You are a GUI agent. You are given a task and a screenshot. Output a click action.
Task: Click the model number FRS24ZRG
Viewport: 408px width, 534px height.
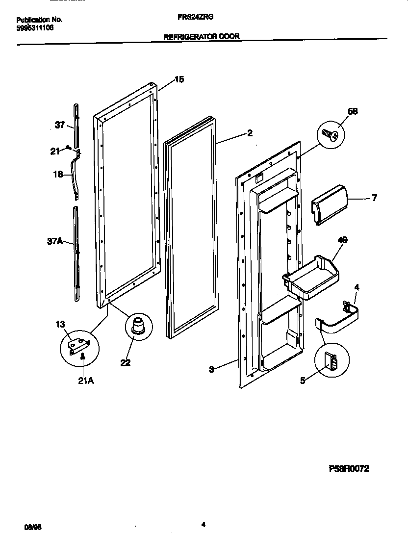tap(195, 16)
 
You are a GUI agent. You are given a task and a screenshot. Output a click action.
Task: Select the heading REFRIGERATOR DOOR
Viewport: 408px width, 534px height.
tap(201, 36)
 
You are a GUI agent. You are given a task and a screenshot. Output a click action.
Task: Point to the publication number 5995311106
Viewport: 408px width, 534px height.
tap(35, 28)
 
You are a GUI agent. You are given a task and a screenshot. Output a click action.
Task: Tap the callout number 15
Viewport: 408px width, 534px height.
tap(179, 79)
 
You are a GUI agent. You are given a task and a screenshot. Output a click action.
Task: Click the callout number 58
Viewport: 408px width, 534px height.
tap(352, 111)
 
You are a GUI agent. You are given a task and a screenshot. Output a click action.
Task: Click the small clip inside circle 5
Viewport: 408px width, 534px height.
tap(332, 364)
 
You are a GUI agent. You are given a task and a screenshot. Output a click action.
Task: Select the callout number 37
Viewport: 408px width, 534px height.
tap(59, 125)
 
